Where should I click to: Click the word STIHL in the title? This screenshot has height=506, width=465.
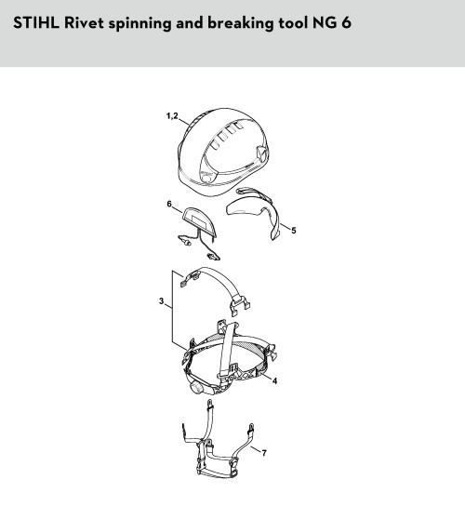coord(36,23)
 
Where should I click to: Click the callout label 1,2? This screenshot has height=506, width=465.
coord(172,116)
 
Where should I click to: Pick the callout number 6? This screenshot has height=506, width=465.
coord(169,204)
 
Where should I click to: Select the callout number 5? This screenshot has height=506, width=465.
coord(293,231)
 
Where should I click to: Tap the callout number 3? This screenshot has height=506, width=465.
coord(161,301)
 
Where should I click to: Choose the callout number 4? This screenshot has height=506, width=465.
coord(274,380)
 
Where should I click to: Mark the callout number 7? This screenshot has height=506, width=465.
coord(264,453)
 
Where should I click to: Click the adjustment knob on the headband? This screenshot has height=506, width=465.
coord(196,387)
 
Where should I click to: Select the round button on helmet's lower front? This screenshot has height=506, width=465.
coord(206,178)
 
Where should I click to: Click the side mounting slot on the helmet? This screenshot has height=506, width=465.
coord(260,154)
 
